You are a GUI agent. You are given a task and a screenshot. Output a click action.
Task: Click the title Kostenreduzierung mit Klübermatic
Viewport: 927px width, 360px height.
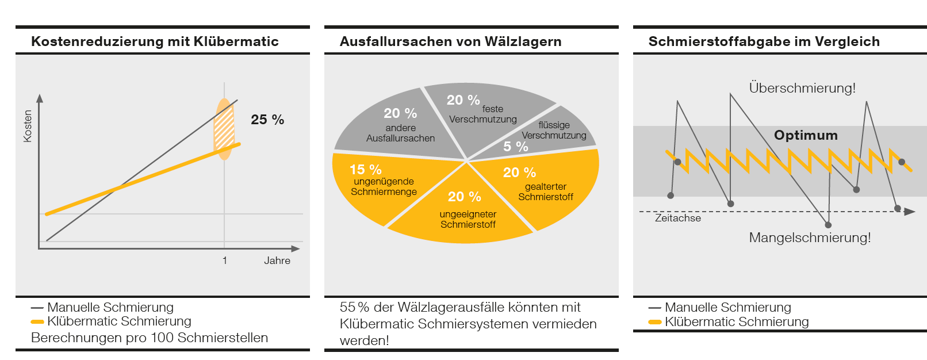pos(155,41)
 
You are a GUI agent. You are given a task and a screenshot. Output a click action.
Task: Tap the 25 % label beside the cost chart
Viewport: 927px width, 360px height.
pos(267,120)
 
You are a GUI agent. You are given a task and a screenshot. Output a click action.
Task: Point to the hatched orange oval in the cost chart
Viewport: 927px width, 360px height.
pos(224,129)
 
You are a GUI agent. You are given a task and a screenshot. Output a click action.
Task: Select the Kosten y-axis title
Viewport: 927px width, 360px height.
pos(28,126)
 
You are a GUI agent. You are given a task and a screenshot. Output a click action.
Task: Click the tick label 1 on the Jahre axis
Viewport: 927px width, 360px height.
pos(225,261)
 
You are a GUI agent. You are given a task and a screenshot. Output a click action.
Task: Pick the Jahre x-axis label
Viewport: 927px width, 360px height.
pos(277,261)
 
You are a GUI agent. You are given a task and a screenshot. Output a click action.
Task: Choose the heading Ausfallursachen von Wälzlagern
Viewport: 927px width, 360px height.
pos(450,41)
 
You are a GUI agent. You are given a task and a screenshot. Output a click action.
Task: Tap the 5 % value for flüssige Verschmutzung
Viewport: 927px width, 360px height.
pos(515,147)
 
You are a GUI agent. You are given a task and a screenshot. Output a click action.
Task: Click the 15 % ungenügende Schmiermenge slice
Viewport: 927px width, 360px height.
pos(380,184)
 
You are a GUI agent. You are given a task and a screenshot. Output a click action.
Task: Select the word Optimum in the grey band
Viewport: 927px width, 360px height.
pos(806,135)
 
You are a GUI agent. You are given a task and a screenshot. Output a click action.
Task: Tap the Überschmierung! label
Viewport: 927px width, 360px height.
pos(802,88)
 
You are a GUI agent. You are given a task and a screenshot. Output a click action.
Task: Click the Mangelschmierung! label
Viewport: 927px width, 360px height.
pos(810,238)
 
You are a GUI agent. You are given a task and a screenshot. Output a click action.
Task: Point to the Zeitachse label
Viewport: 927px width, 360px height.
pos(678,219)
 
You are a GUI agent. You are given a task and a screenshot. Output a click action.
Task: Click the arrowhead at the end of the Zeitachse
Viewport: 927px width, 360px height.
pos(909,212)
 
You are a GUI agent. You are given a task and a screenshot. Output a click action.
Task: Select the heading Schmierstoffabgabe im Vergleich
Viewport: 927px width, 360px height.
pos(764,41)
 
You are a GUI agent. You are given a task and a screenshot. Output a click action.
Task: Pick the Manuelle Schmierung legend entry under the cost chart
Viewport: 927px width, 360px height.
pos(110,307)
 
